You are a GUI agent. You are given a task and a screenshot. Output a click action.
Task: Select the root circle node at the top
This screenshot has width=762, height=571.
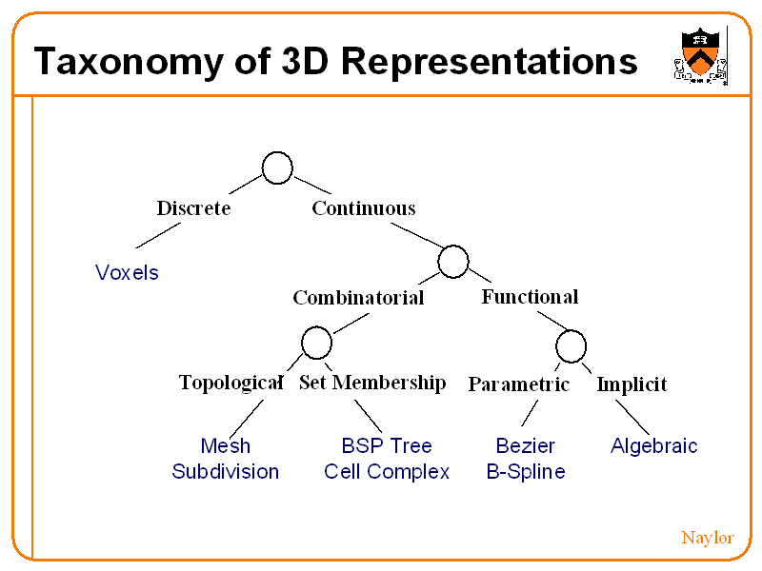point(277,168)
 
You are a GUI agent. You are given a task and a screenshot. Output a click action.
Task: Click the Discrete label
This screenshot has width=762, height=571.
point(193,207)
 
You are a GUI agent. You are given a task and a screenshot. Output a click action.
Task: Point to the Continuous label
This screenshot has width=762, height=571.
point(364,207)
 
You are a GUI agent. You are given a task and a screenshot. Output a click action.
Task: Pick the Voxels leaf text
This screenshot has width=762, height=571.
point(127,273)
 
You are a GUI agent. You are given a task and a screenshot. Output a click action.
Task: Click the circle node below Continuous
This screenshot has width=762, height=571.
point(453,261)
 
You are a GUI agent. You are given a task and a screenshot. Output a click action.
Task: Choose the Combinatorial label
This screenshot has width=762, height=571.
point(358,298)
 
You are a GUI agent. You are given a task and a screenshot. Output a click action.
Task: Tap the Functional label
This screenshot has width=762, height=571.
point(530,296)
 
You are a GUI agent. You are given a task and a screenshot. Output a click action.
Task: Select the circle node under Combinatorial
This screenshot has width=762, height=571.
point(316,343)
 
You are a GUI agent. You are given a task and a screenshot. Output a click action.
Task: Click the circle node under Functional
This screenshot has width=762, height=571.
point(571,345)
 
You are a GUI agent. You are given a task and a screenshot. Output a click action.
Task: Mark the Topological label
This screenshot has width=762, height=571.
point(231,383)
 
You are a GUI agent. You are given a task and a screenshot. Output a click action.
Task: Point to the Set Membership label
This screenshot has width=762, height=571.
point(372,383)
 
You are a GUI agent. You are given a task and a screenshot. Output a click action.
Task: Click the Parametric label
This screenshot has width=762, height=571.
point(518,384)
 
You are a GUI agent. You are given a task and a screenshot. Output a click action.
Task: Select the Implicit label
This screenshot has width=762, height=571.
point(632,384)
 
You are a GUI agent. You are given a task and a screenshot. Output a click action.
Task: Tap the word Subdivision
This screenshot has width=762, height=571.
point(226,472)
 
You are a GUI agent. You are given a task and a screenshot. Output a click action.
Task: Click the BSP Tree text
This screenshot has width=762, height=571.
point(387,445)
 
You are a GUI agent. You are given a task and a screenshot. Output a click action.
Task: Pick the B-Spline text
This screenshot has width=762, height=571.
point(526,472)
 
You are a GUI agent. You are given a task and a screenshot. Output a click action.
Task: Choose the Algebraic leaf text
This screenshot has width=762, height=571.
point(654,445)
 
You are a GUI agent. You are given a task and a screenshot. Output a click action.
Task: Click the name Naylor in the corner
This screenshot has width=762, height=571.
point(707,538)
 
